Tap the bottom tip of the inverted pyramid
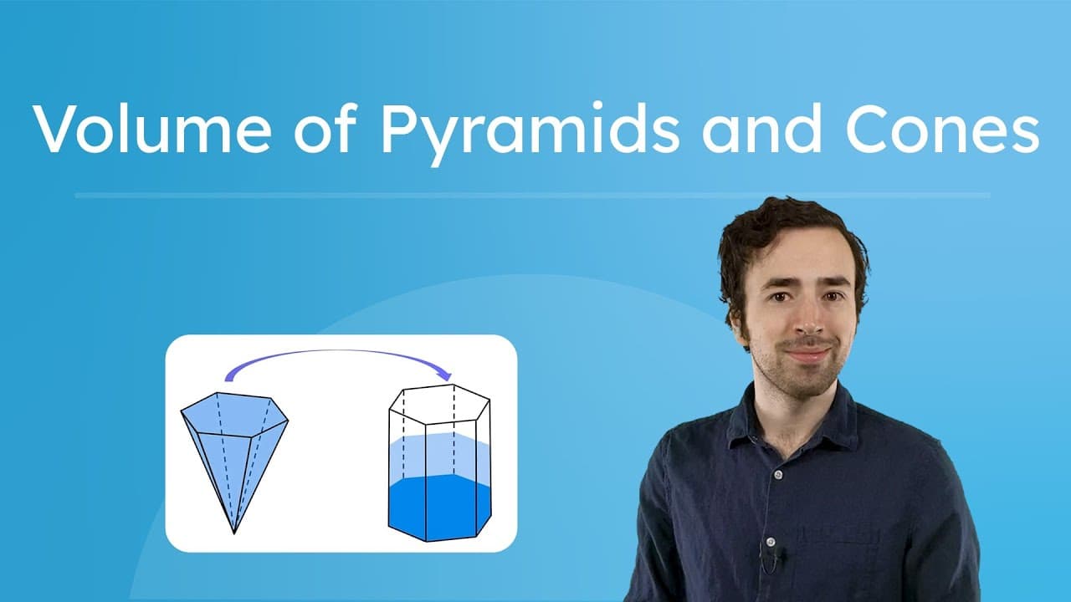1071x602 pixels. click(234, 532)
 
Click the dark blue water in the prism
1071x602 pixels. click(438, 506)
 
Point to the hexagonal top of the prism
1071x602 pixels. click(439, 402)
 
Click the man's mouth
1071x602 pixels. click(807, 352)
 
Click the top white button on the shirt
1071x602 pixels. click(777, 474)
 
